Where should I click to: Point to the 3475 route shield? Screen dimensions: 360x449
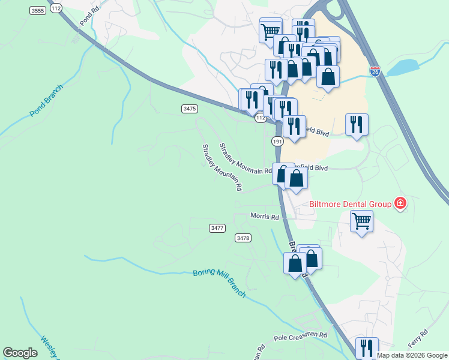pyautogui.click(x=189, y=109)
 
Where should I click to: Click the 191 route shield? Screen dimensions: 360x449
pyautogui.click(x=277, y=141)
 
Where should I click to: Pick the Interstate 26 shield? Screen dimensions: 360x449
pyautogui.click(x=375, y=71)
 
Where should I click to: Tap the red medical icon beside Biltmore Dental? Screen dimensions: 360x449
pyautogui.click(x=400, y=204)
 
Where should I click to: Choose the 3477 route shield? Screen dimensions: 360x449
pyautogui.click(x=217, y=228)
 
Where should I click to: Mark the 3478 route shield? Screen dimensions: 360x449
pyautogui.click(x=243, y=238)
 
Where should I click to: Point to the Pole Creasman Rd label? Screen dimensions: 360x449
pyautogui.click(x=300, y=335)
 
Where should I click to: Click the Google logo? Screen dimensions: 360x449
pyautogui.click(x=20, y=353)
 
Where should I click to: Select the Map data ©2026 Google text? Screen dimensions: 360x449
pyautogui.click(x=412, y=355)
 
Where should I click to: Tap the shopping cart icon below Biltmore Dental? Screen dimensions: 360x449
pyautogui.click(x=361, y=221)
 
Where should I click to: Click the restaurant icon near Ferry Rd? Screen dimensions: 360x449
pyautogui.click(x=367, y=347)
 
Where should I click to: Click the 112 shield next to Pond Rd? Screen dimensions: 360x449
pyautogui.click(x=56, y=8)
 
